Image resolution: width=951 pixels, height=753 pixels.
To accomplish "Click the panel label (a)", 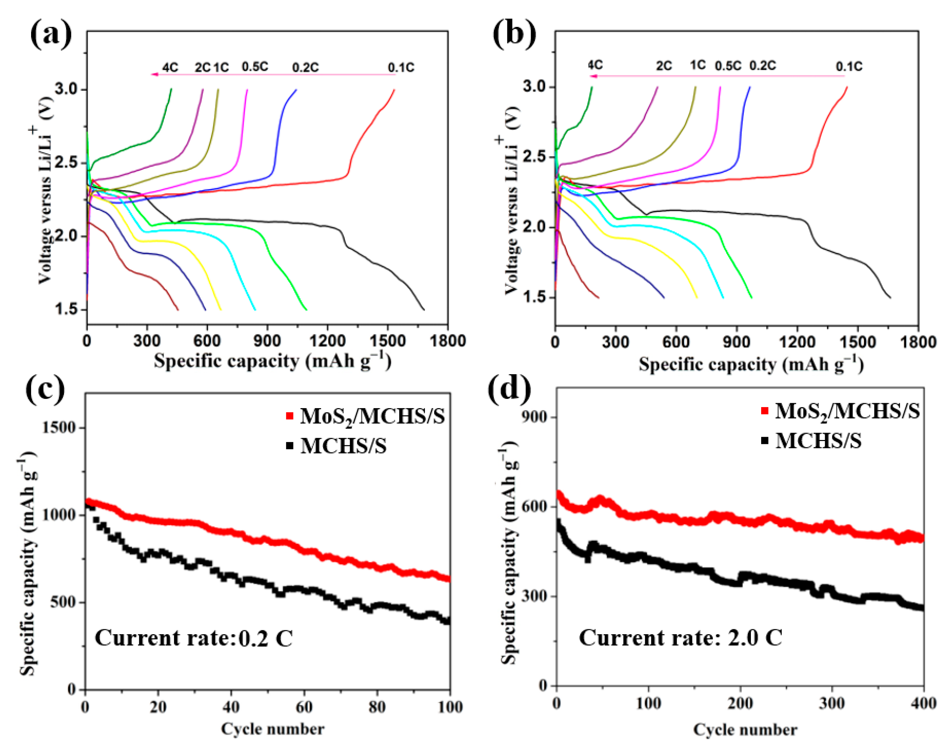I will (51, 34).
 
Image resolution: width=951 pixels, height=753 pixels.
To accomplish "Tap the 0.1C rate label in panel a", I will (401, 68).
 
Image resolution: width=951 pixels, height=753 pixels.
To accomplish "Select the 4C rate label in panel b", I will (595, 65).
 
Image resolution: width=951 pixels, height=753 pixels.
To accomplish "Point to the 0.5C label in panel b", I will (728, 66).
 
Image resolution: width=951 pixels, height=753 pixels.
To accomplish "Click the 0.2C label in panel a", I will (305, 68).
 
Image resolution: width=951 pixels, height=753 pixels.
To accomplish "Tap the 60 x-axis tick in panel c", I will (304, 707).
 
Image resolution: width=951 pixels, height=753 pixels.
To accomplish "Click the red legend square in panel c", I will (290, 416).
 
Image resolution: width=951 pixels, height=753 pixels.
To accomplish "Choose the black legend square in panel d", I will (765, 440).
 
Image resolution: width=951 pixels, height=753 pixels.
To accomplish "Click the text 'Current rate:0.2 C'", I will (193, 638).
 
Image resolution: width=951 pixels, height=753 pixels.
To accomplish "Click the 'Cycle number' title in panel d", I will (745, 730).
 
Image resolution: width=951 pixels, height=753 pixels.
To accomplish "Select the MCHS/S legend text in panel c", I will (343, 446).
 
